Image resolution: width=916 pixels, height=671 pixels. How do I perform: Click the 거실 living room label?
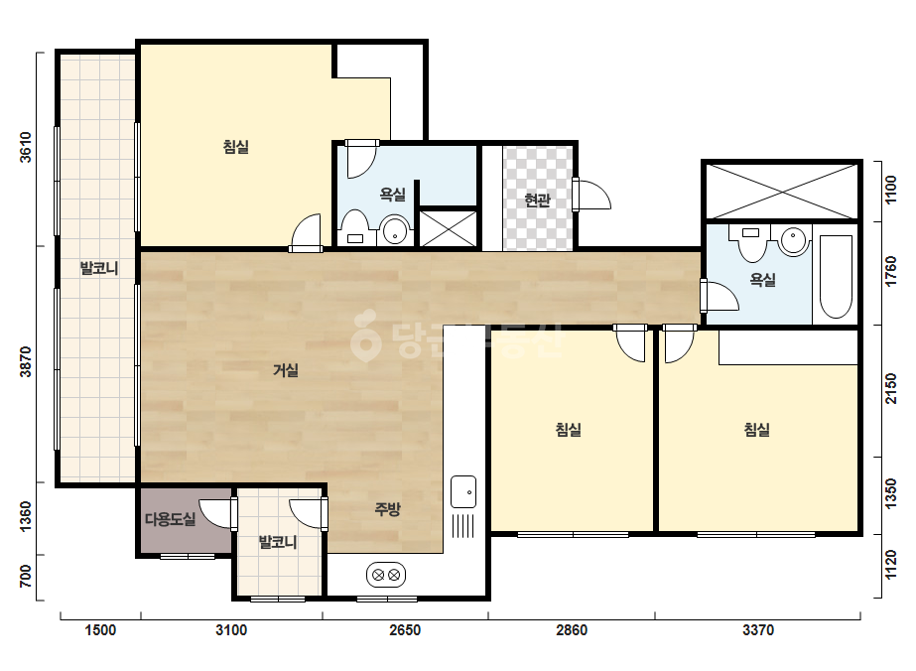point(286,370)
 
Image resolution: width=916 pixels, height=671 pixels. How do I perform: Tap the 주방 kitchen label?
point(387,509)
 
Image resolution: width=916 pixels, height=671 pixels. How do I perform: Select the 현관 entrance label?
point(537,201)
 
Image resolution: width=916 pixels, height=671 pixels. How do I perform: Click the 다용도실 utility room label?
point(170,519)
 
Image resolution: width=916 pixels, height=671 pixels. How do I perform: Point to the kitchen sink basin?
point(463,492)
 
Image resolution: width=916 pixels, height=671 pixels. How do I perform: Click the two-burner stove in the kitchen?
point(386,575)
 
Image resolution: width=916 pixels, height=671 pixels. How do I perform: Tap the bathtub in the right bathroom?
point(836,277)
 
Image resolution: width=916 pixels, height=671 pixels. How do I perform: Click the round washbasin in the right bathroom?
point(793,241)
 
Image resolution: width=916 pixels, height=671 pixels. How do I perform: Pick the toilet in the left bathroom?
point(354,227)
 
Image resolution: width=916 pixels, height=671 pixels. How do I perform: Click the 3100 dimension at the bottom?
point(231,630)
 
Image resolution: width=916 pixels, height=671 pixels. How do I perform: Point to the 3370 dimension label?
point(758,630)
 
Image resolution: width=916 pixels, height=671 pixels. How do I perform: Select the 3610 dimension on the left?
point(26,147)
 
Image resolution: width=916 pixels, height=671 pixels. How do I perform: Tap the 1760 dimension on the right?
point(890,272)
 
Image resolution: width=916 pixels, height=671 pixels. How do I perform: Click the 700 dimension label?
point(26,577)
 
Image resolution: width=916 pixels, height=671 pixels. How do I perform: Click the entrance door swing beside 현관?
point(591,195)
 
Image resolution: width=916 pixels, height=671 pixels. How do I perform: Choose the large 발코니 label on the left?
point(99,268)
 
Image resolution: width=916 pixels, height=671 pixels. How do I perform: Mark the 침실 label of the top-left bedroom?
point(236,146)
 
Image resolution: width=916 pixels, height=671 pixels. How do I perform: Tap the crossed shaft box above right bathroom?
point(782,192)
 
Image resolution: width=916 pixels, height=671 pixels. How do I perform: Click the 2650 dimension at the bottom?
point(405,630)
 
